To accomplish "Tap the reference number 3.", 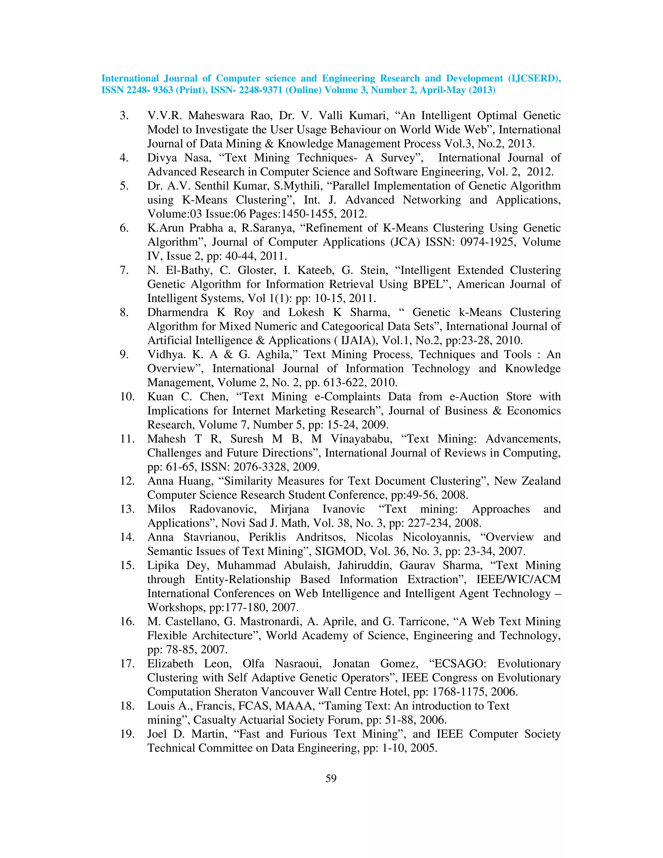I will click(124, 116).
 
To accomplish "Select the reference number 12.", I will click(127, 481).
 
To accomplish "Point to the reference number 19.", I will click(127, 734).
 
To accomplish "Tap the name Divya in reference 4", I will click(162, 158).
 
